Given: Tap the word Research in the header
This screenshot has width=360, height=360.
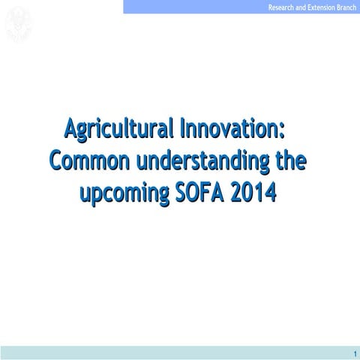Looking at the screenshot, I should click(x=282, y=7).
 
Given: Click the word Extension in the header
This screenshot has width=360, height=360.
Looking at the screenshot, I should click(x=320, y=7).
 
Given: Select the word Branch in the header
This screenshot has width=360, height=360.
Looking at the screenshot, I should click(x=346, y=7).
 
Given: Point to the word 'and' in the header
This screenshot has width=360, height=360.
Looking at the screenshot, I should click(x=301, y=7).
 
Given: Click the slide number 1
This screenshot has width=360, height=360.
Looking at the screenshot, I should click(x=353, y=352).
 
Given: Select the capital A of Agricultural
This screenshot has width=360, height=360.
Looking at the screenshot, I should click(x=72, y=128).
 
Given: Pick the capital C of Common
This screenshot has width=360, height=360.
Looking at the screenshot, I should click(x=57, y=160).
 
